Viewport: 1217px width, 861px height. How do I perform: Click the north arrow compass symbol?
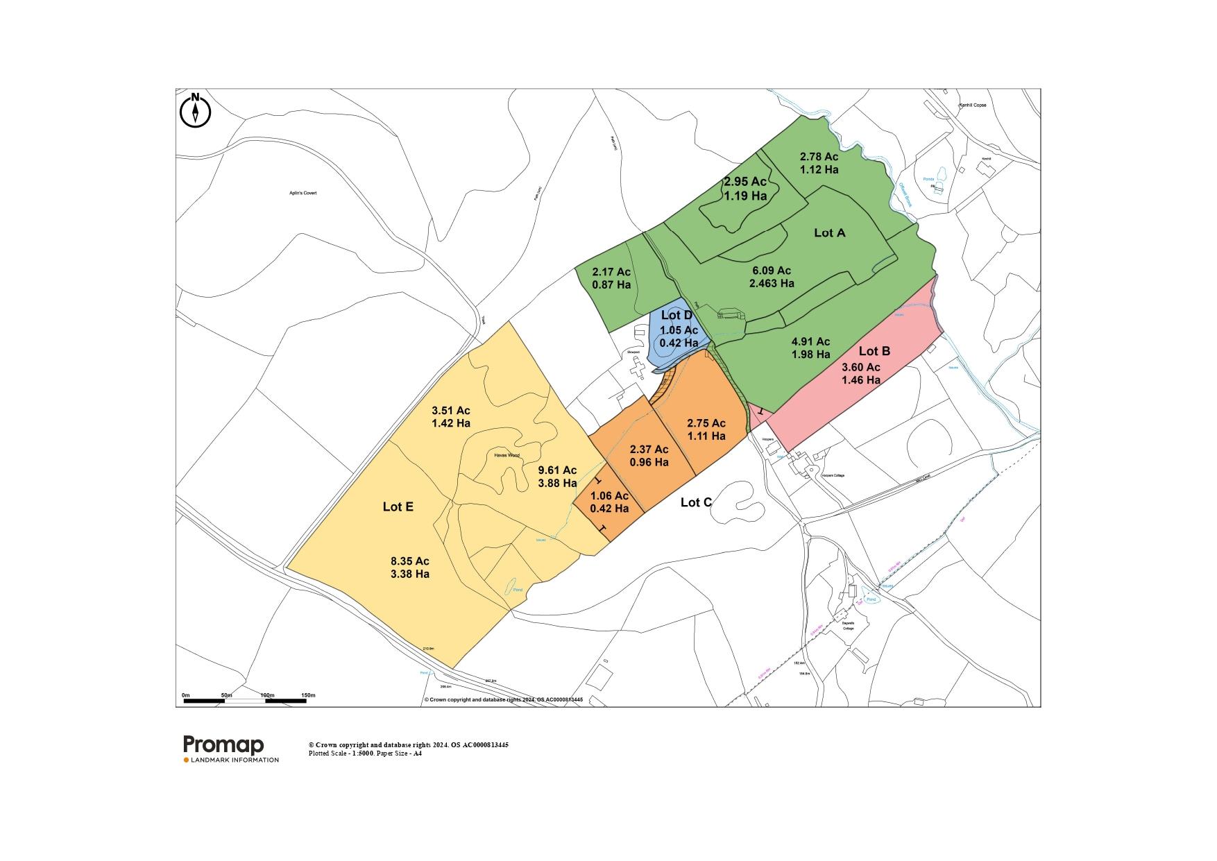[196, 111]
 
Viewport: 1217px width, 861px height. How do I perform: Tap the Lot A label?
[829, 233]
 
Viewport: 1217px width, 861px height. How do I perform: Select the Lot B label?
[874, 351]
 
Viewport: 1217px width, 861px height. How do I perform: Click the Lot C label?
[696, 502]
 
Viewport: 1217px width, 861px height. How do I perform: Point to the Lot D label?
[677, 316]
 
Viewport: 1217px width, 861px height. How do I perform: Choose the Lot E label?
[398, 507]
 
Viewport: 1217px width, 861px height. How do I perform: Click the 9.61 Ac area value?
[557, 470]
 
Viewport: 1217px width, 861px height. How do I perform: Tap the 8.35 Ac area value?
[410, 561]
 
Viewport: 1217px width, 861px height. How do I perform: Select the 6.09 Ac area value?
[772, 271]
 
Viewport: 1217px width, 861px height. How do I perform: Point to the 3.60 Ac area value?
[861, 367]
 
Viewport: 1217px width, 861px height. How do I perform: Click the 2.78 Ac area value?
[819, 157]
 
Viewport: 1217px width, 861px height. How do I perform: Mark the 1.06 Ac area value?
[609, 495]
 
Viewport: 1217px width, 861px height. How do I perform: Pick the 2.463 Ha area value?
[772, 283]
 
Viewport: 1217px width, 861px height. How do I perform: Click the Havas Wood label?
[507, 456]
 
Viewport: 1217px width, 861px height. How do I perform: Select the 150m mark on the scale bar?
[307, 694]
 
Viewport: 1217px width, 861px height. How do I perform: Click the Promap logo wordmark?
[223, 745]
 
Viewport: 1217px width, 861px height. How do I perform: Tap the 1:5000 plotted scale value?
[362, 753]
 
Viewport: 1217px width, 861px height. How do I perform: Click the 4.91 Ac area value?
[810, 341]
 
